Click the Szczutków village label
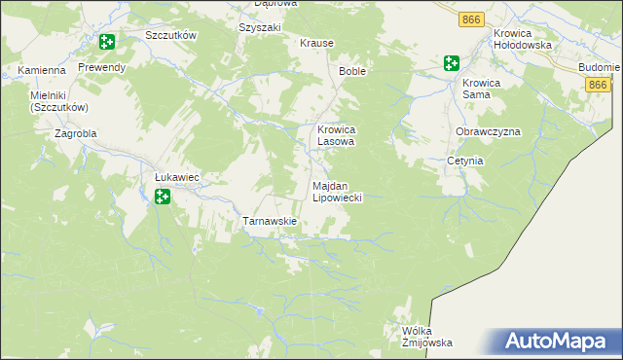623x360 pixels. [170, 35]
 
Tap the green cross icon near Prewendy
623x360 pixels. [106, 43]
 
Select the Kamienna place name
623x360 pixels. [41, 71]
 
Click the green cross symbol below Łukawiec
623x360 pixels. [163, 198]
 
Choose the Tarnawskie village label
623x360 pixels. [269, 222]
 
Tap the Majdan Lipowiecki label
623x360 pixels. [337, 191]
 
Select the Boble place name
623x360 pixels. [351, 72]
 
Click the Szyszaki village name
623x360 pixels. [259, 27]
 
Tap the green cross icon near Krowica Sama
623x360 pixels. [451, 63]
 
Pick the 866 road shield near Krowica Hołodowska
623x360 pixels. [472, 19]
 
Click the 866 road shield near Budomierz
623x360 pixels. [599, 86]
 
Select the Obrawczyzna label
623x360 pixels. [488, 131]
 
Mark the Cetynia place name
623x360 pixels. [464, 161]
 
